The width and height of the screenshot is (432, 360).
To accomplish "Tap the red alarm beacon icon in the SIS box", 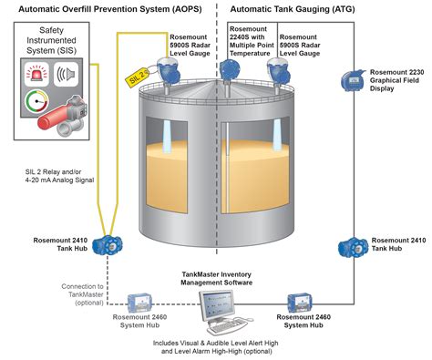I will point(37,72).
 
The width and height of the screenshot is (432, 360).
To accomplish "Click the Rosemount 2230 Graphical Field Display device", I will point(351,82).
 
